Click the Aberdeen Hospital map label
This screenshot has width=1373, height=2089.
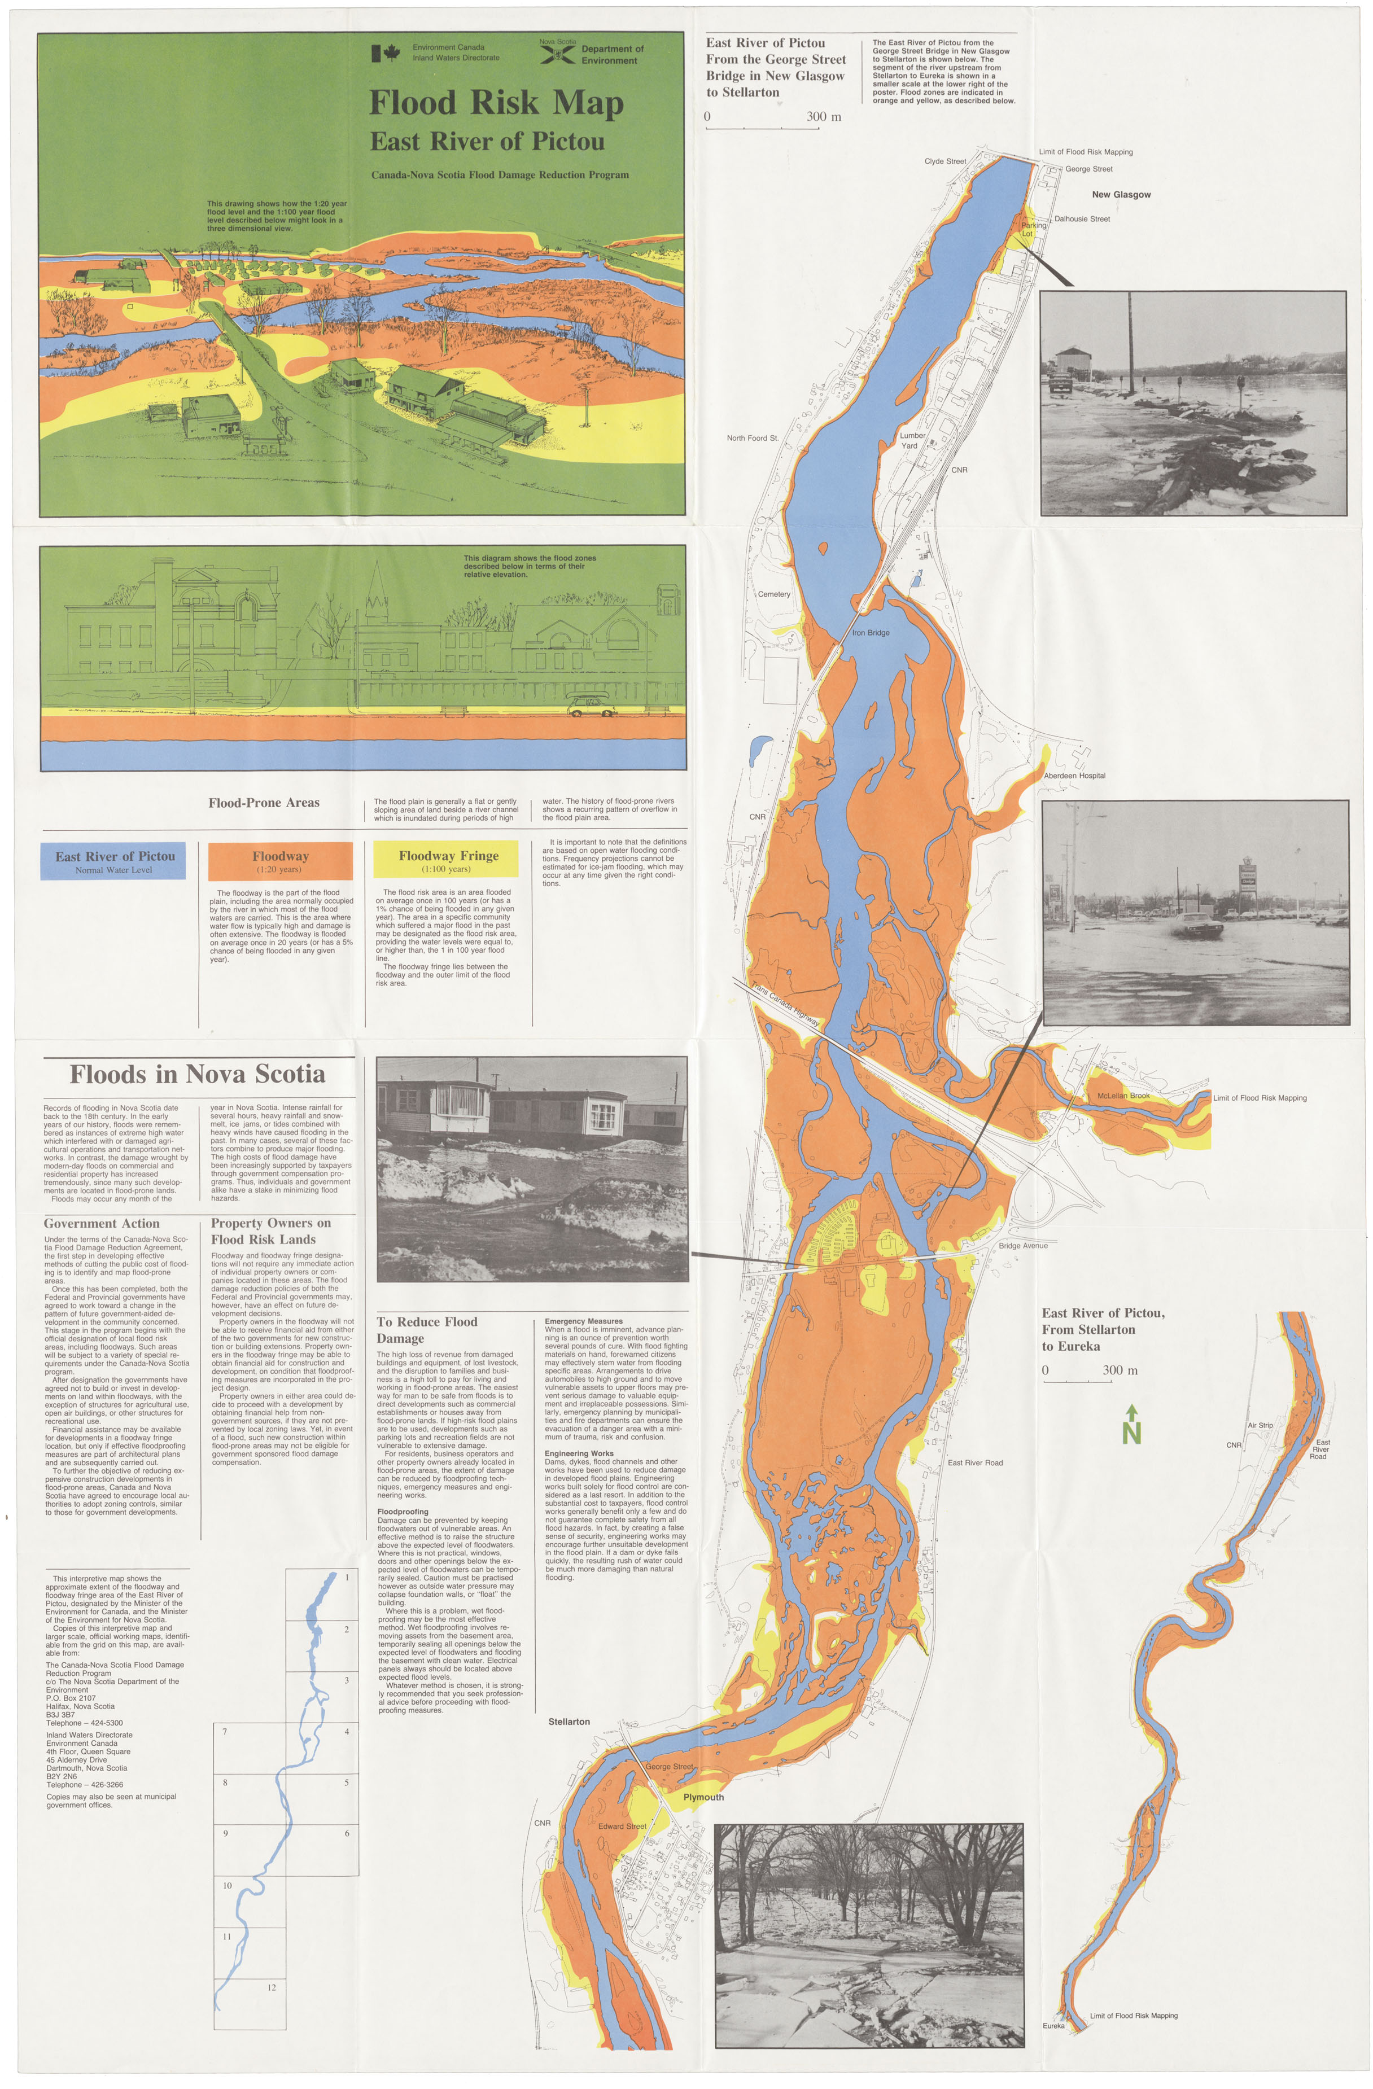click(x=1074, y=776)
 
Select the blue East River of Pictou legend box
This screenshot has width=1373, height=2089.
click(x=114, y=861)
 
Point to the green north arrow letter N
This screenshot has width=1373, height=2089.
click(x=1131, y=1433)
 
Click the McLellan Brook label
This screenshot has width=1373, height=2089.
click(x=1123, y=1096)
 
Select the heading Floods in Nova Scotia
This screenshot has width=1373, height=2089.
click(x=198, y=1074)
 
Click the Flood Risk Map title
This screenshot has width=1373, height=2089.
click(x=496, y=103)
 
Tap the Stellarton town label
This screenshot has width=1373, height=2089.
click(x=569, y=1722)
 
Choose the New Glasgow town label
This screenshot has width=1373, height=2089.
click(x=1121, y=195)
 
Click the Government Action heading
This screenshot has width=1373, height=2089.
click(x=102, y=1224)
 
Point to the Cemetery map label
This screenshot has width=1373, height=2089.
click(x=773, y=594)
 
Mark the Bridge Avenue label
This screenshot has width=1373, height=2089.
click(x=1023, y=1246)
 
